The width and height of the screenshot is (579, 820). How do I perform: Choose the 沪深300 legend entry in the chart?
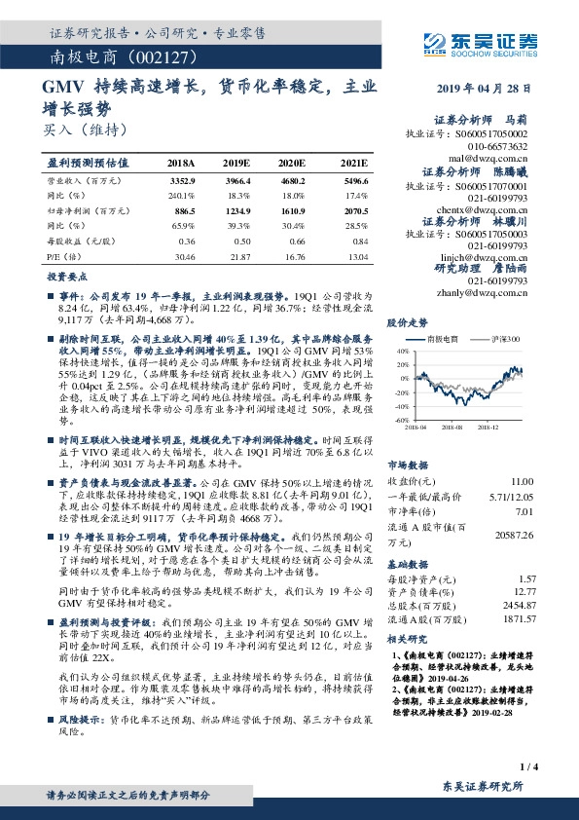click(x=507, y=339)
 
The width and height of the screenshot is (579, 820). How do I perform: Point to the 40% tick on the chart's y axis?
click(x=401, y=351)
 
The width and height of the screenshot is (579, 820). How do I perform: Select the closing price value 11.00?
click(x=523, y=481)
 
